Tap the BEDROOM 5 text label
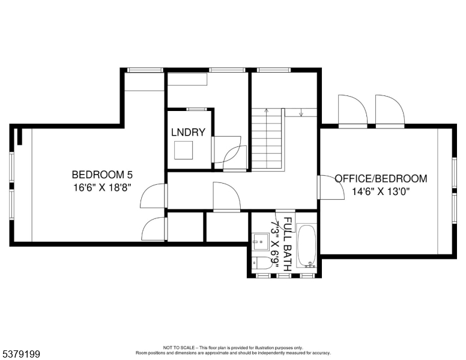[x=102, y=175]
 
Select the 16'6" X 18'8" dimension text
[x=102, y=187]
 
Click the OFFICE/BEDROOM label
[x=381, y=178]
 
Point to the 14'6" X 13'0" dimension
[x=381, y=193]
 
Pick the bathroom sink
[x=261, y=243]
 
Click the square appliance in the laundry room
[x=184, y=151]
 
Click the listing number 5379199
[x=20, y=355]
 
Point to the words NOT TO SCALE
[x=179, y=347]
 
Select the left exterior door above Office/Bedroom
[x=353, y=112]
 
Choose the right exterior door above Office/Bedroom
[x=389, y=112]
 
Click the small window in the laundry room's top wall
[x=195, y=109]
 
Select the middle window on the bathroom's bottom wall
[x=284, y=275]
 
